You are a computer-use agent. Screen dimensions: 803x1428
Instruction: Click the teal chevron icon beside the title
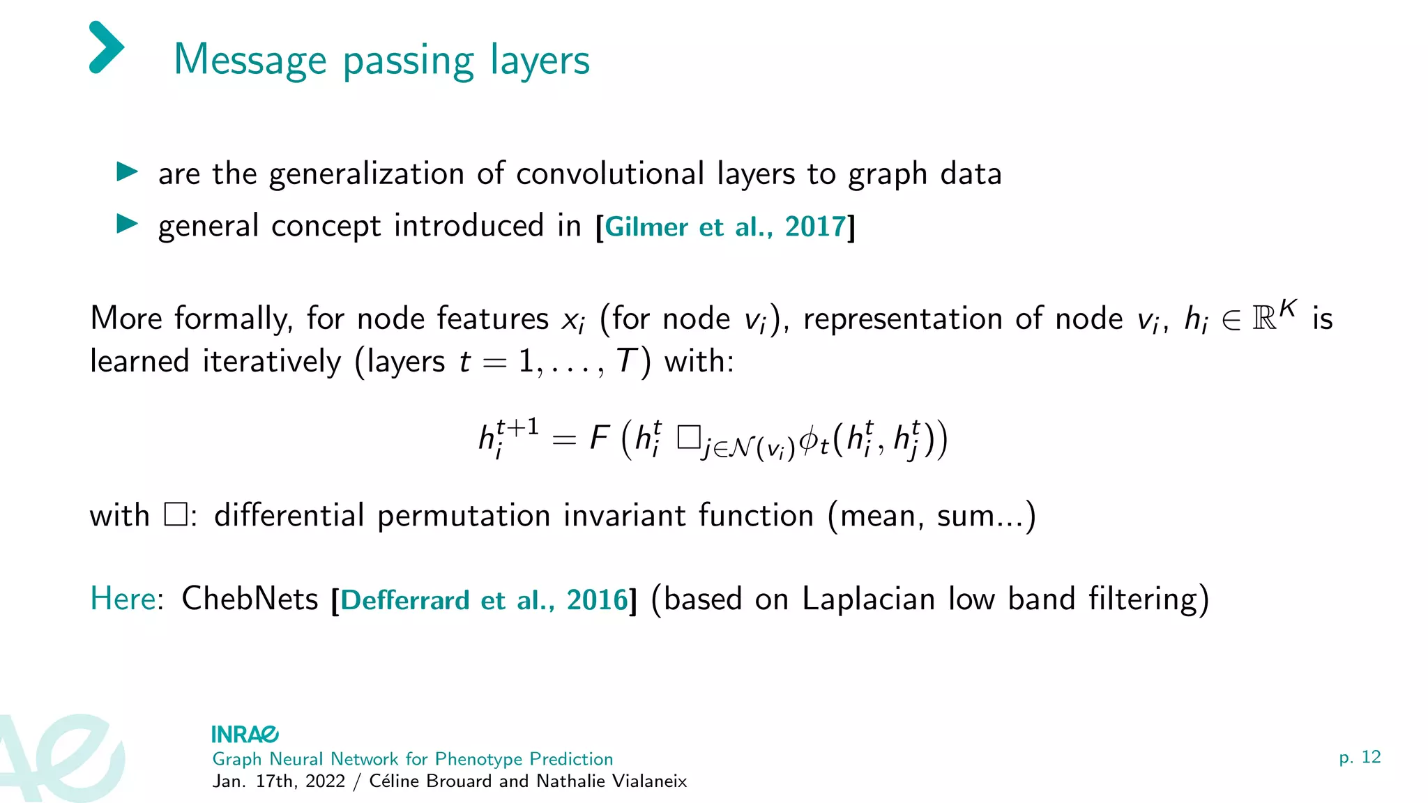(x=107, y=47)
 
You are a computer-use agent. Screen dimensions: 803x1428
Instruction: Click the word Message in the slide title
(x=250, y=60)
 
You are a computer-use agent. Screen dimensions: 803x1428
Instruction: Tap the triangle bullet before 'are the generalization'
(x=127, y=171)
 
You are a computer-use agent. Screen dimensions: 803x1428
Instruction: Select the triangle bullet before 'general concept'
(x=127, y=224)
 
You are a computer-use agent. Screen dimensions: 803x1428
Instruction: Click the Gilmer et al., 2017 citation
(x=725, y=227)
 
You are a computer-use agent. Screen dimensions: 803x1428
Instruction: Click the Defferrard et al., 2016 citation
(x=484, y=599)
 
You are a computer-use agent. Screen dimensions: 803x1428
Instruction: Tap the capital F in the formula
(x=600, y=438)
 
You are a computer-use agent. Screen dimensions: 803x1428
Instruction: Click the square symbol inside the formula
(x=688, y=438)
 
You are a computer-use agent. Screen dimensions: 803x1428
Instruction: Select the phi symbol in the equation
(x=809, y=439)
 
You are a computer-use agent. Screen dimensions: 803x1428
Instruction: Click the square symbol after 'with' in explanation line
(x=175, y=515)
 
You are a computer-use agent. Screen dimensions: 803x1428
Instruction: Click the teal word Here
(x=123, y=598)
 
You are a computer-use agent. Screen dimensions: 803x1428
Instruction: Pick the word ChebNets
(x=250, y=598)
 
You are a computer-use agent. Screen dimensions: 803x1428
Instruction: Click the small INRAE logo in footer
(x=245, y=734)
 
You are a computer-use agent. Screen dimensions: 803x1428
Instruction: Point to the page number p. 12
(x=1359, y=757)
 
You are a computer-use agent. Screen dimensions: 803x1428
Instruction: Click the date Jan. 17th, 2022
(x=278, y=781)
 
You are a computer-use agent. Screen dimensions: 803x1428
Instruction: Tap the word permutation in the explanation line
(x=464, y=517)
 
